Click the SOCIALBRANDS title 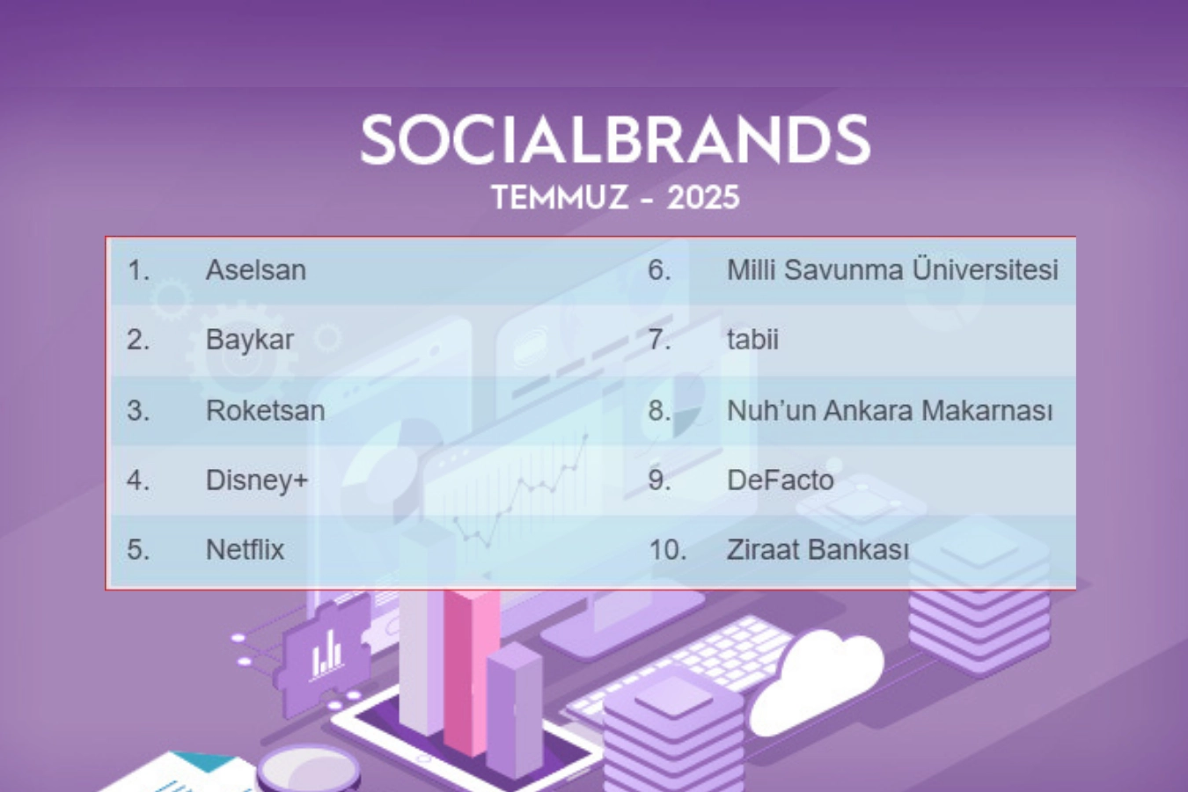click(x=615, y=140)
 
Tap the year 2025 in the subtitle click(x=703, y=198)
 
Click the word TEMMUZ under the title click(x=560, y=198)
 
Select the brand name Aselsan click(x=255, y=269)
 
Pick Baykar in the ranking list click(x=249, y=340)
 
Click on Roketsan click(x=265, y=410)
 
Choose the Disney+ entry click(x=257, y=480)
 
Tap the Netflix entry click(x=245, y=549)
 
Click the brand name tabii click(x=752, y=339)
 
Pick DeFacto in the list click(x=781, y=480)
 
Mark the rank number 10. click(x=667, y=550)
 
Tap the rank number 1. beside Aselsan click(x=138, y=270)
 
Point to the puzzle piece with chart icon click(x=325, y=657)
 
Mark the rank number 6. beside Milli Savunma click(x=659, y=270)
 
